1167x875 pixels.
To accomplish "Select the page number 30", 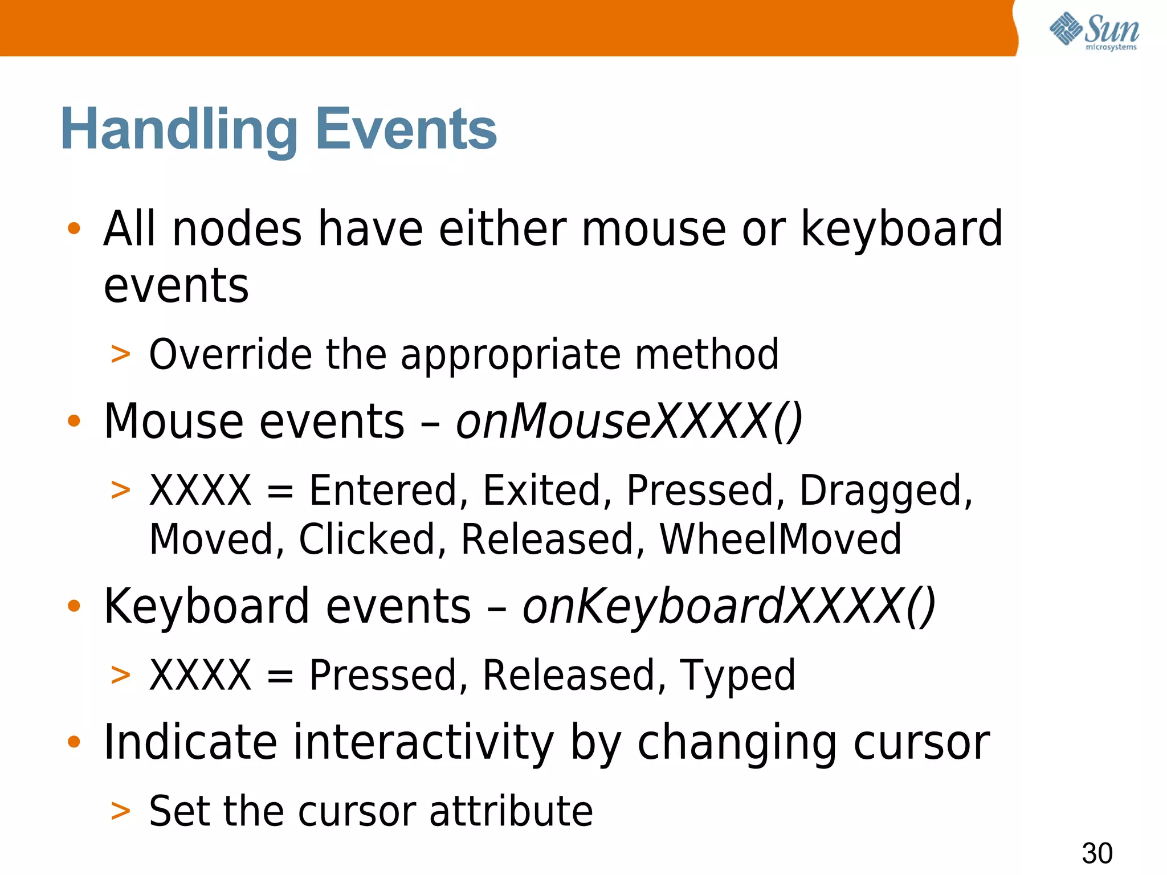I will (1097, 853).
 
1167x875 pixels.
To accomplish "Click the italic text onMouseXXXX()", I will (629, 422).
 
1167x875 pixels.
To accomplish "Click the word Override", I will (230, 355).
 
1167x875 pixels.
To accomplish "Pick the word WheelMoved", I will (780, 539).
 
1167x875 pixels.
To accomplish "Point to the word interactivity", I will (423, 743).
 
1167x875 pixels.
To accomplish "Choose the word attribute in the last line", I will (511, 811).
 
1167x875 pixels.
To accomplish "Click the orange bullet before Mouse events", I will (74, 422).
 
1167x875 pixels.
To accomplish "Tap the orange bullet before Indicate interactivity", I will (74, 742).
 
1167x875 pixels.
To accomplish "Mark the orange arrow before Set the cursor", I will (120, 811).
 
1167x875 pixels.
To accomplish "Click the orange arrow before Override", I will (120, 354).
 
